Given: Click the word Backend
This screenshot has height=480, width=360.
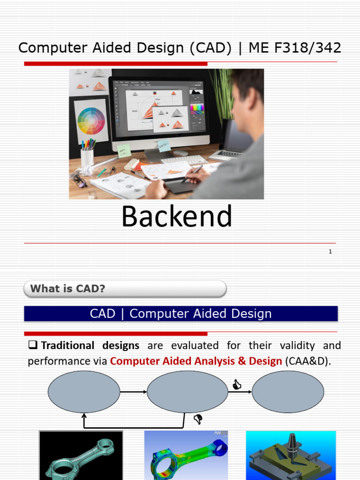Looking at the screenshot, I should pyautogui.click(x=177, y=217).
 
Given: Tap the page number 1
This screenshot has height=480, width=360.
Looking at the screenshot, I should pyautogui.click(x=330, y=252).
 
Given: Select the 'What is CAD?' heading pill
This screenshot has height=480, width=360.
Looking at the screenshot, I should pyautogui.click(x=125, y=289).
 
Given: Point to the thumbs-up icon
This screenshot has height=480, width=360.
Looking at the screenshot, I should pyautogui.click(x=237, y=385).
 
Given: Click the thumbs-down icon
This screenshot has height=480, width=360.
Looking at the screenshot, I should pyautogui.click(x=198, y=419).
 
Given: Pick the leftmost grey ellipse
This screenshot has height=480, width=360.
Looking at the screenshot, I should pyautogui.click(x=84, y=392).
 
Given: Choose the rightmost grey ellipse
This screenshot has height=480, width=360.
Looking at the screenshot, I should pyautogui.click(x=288, y=392).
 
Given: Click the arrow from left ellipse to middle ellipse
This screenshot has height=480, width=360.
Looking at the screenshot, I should pyautogui.click(x=133, y=392).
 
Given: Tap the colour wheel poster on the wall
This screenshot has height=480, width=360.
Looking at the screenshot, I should pyautogui.click(x=91, y=121).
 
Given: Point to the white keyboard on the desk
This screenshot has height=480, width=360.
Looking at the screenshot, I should pyautogui.click(x=184, y=160).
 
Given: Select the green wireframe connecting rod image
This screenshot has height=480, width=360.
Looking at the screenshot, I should pyautogui.click(x=81, y=455).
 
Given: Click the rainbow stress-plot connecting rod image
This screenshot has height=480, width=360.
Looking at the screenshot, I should pyautogui.click(x=186, y=455).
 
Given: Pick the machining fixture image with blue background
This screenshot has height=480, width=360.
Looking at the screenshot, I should pyautogui.click(x=291, y=455).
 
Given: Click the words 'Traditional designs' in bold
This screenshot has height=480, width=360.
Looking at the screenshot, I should pyautogui.click(x=90, y=346).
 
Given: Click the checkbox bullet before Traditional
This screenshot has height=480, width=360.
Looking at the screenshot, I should pyautogui.click(x=33, y=346).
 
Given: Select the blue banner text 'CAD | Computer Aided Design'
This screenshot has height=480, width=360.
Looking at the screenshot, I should pyautogui.click(x=180, y=314).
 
